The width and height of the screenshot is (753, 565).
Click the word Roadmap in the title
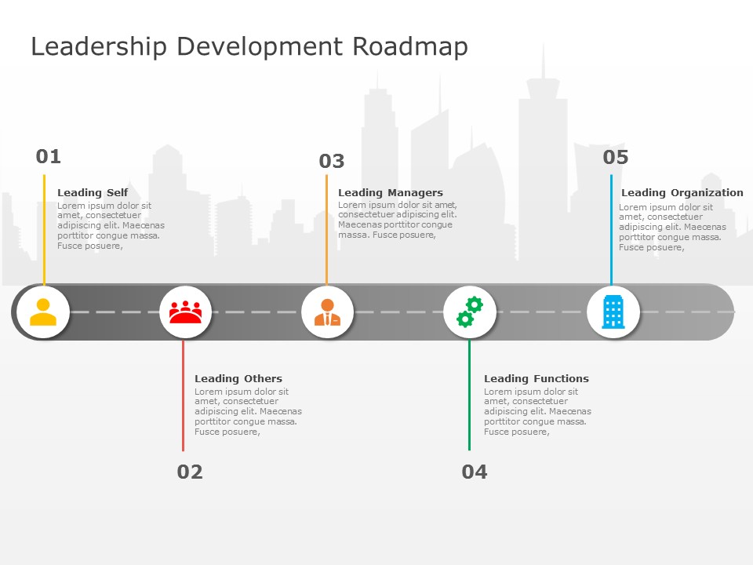point(410,48)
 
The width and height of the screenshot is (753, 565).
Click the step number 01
point(49,157)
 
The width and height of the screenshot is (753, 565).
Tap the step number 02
point(190,472)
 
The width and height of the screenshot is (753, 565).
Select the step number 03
point(332,161)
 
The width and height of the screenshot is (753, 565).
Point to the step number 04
point(475,472)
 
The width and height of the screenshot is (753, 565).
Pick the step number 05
point(616,157)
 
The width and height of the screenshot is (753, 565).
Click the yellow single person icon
point(43,312)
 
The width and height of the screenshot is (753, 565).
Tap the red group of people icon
point(185,312)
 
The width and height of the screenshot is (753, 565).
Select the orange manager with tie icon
point(328,312)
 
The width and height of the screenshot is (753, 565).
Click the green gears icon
point(470,312)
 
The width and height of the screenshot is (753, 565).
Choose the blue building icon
point(613,312)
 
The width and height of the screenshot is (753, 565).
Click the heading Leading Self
point(93,193)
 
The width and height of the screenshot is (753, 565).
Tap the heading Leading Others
point(238,378)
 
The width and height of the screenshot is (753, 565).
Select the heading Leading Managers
point(391,193)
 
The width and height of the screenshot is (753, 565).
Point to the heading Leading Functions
point(537,378)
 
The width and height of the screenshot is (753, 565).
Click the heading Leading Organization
point(682,193)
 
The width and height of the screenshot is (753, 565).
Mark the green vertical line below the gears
point(469,395)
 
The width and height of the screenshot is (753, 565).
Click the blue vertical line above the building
point(611,230)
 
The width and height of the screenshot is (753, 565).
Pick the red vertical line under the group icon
point(183,395)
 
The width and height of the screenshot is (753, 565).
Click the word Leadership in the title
point(99,48)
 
